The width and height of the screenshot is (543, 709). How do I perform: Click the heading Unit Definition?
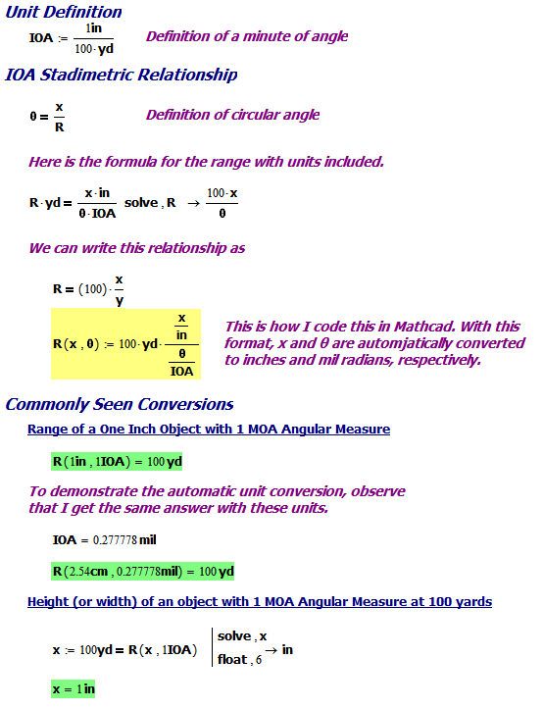tap(64, 12)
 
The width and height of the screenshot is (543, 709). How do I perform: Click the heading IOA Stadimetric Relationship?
tap(121, 75)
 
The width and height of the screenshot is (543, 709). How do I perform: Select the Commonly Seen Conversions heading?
tap(119, 404)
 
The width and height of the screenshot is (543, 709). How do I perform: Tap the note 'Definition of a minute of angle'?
tap(247, 36)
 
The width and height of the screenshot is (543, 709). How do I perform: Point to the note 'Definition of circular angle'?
tap(232, 115)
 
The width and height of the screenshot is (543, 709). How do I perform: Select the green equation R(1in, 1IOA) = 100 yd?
tap(118, 460)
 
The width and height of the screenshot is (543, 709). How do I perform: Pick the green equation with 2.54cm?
tap(143, 571)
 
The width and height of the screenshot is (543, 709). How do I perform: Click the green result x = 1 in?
tap(74, 689)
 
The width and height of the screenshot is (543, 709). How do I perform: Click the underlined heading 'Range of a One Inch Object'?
tap(209, 429)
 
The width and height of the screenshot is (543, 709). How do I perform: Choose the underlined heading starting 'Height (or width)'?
tap(260, 601)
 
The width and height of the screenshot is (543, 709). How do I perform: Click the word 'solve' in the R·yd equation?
tap(142, 202)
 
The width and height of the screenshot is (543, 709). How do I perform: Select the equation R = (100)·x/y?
tap(88, 289)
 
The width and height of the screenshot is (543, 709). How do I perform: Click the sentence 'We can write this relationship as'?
tap(136, 248)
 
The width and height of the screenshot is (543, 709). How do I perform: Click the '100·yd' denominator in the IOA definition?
tap(94, 48)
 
